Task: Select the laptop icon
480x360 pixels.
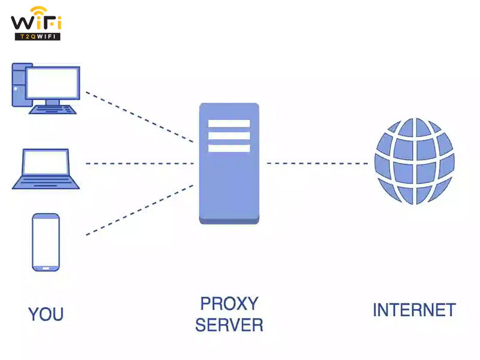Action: pos(45,169)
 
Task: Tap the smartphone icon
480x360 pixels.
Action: pos(46,242)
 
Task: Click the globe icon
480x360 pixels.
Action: pos(415,161)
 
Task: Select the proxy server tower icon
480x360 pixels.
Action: pos(229,162)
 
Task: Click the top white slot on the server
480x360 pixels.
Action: pos(229,124)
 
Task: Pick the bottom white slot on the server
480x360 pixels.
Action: pos(229,148)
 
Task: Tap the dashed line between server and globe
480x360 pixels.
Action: pos(317,163)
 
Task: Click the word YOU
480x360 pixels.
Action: pos(46,314)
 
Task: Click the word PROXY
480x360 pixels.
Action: pos(229,303)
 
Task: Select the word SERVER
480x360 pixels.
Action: pos(229,325)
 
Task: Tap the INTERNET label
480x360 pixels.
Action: pos(414,310)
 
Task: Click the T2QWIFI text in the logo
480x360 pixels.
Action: pos(37,36)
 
